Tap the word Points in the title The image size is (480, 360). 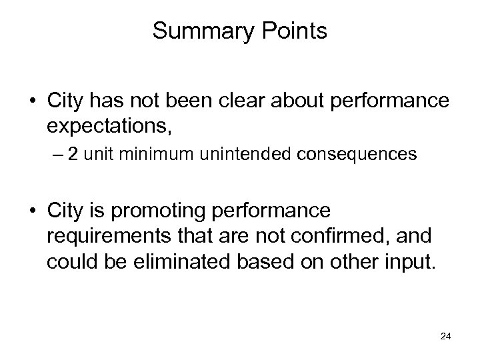click(x=294, y=31)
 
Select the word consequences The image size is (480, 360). click(x=351, y=155)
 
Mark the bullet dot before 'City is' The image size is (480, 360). click(x=33, y=212)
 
